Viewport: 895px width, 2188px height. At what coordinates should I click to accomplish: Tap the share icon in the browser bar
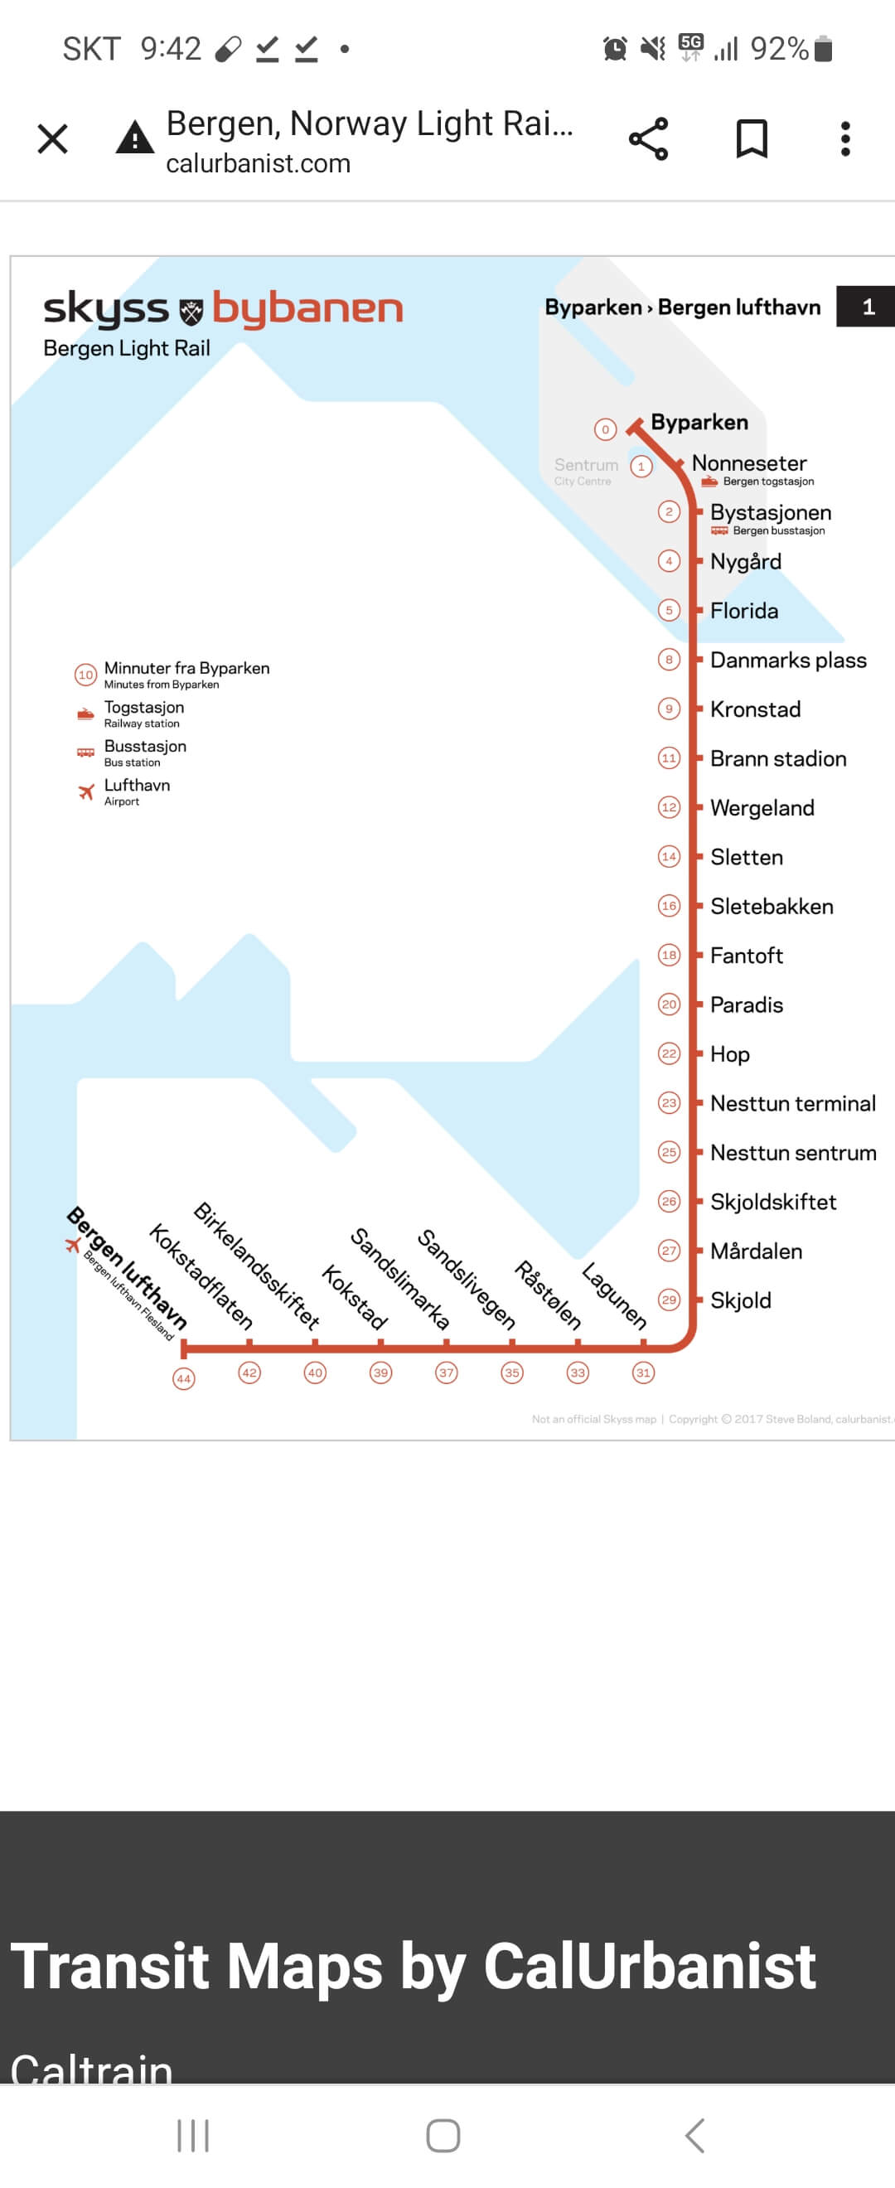[648, 138]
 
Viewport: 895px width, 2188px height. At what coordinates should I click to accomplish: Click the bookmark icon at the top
[751, 138]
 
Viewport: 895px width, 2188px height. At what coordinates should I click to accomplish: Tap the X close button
[53, 138]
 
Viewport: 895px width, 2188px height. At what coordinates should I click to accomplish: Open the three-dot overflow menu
[845, 138]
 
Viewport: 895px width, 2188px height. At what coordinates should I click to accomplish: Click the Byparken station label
[699, 422]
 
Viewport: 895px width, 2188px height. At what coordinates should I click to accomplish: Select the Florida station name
[744, 611]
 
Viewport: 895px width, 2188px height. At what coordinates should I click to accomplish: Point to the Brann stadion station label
[778, 758]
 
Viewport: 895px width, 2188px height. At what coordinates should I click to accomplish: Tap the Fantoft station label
[747, 956]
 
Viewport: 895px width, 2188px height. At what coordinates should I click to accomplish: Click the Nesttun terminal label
[792, 1103]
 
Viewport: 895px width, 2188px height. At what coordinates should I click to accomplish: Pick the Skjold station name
[741, 1300]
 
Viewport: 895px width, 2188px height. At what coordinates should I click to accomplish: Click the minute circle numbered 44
[183, 1378]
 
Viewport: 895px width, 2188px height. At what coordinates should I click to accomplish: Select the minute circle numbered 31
[644, 1372]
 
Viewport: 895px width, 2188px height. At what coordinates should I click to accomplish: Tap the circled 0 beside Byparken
[606, 430]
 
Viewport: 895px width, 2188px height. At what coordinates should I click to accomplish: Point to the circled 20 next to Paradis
[669, 1004]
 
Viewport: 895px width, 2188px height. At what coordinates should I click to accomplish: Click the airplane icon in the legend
[85, 792]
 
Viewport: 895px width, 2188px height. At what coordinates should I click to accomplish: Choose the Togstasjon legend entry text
[143, 708]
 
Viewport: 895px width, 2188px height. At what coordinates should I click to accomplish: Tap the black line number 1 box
[867, 307]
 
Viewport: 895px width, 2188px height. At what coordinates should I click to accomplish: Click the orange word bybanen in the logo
[307, 310]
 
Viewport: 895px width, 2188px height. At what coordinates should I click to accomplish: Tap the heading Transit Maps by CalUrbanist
[414, 1967]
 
